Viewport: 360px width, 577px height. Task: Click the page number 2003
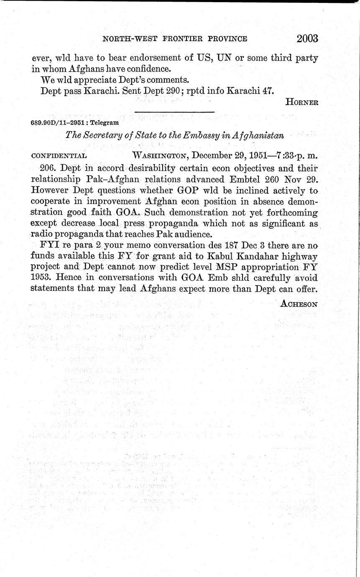(307, 38)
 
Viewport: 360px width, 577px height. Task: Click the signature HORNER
(302, 102)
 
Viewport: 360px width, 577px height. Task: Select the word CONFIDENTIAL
(59, 156)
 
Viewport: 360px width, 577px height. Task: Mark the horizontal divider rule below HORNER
(174, 112)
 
